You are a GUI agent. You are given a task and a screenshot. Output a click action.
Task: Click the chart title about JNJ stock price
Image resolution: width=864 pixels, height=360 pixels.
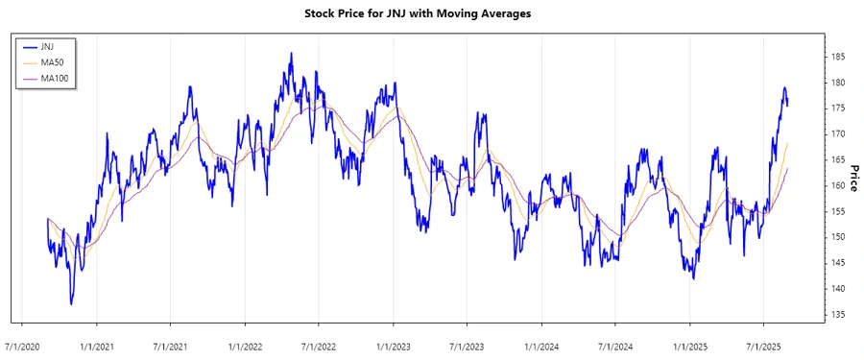pyautogui.click(x=431, y=14)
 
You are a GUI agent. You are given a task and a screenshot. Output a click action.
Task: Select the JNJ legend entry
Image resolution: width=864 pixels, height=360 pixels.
pyautogui.click(x=47, y=46)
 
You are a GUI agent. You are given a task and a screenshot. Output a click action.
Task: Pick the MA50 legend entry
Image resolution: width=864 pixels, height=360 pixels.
pyautogui.click(x=52, y=61)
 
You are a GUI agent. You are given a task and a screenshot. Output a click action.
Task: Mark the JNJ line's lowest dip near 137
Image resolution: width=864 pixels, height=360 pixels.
pyautogui.click(x=71, y=304)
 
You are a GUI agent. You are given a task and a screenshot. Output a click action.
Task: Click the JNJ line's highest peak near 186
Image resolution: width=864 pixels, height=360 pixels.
pyautogui.click(x=291, y=54)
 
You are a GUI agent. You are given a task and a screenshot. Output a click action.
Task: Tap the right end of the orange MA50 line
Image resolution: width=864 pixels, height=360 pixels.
pyautogui.click(x=788, y=143)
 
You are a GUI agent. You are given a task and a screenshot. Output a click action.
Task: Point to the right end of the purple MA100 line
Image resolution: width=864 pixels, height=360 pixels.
pyautogui.click(x=788, y=169)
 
